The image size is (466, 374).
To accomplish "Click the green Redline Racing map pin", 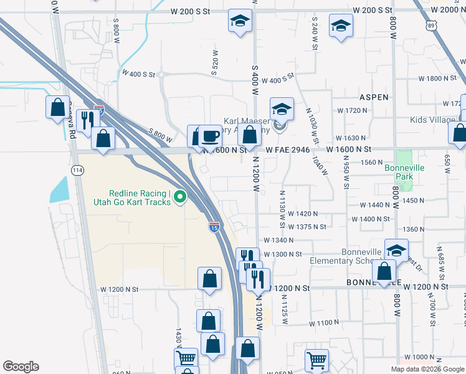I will [x=181, y=198].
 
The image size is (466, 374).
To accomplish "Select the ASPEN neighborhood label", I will [x=374, y=97].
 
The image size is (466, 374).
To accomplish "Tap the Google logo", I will [x=21, y=367].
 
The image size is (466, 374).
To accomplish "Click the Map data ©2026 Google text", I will [x=427, y=369].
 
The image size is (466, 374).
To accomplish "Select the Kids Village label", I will [x=433, y=120].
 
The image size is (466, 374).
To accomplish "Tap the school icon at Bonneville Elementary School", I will [x=396, y=250].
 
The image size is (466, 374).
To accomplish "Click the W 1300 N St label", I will [x=282, y=254].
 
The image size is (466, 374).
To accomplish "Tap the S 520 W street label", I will [x=216, y=62].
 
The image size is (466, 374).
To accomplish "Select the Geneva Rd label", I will [x=73, y=120].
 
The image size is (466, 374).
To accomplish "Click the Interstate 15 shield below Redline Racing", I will [x=214, y=228].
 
